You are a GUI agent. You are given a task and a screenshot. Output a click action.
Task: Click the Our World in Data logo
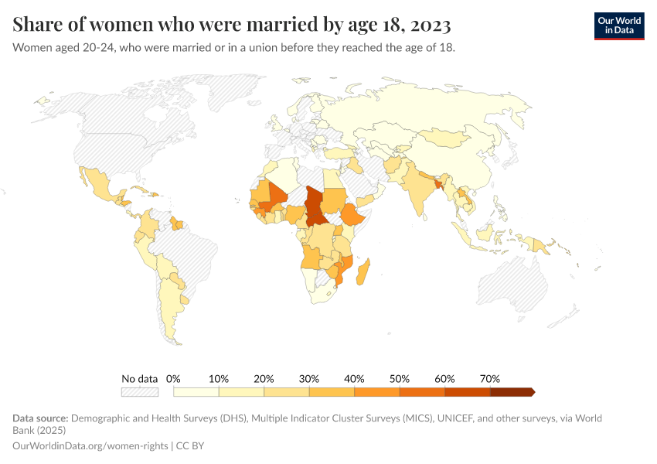[x=618, y=26]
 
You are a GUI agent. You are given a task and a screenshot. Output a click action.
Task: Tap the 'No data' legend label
[x=139, y=379]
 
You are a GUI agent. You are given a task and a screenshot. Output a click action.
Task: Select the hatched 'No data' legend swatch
[x=139, y=392]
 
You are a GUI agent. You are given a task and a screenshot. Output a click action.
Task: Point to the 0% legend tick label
[x=173, y=379]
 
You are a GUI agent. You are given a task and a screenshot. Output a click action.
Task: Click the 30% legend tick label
[x=309, y=379]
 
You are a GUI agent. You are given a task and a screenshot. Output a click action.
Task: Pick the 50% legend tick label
[x=400, y=379]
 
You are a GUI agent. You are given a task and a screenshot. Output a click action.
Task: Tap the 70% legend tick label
[x=490, y=379]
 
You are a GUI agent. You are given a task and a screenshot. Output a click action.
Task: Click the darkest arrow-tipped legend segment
[x=512, y=392]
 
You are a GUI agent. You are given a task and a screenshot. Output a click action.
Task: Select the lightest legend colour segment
[x=196, y=392]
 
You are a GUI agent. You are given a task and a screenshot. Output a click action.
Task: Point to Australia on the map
[x=526, y=286]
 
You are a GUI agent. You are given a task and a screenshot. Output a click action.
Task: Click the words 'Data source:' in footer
[x=40, y=418]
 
